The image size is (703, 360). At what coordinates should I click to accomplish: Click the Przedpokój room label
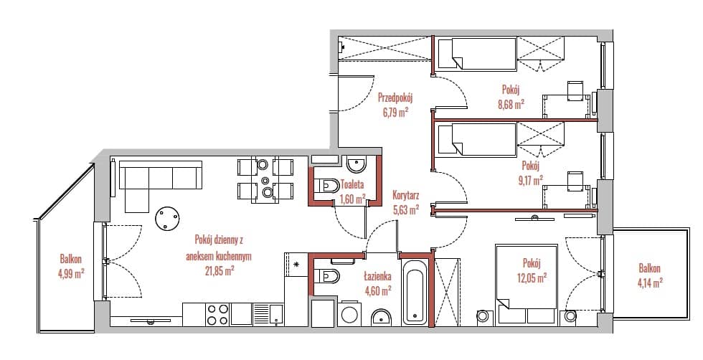(395, 98)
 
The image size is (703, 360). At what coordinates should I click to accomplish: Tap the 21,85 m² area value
(218, 271)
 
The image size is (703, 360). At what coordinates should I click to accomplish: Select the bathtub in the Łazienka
(415, 292)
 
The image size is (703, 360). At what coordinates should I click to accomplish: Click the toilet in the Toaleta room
(327, 185)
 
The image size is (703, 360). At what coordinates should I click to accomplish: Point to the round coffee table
(167, 219)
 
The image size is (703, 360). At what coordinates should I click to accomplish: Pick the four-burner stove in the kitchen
(217, 314)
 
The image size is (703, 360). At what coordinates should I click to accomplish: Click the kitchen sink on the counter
(268, 314)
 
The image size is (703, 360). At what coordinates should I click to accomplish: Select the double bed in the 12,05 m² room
(526, 283)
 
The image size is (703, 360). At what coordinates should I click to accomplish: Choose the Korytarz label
(405, 195)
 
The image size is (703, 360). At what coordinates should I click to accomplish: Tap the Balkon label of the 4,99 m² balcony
(71, 259)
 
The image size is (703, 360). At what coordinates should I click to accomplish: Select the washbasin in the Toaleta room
(357, 164)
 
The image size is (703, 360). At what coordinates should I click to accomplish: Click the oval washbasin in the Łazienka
(381, 318)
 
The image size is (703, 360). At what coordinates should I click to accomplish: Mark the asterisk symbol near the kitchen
(296, 265)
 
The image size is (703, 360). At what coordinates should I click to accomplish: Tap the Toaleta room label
(352, 184)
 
